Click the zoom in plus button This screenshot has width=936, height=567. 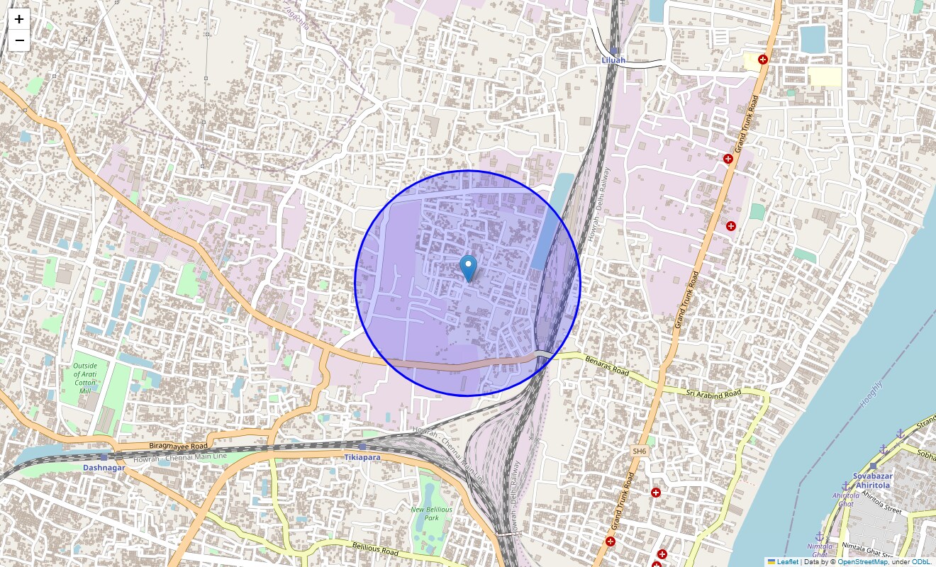coord(19,19)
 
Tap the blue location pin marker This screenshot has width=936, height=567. coord(468,269)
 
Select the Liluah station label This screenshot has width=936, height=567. coord(613,60)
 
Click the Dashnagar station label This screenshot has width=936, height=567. coord(104,468)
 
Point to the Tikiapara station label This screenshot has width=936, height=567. coord(362,457)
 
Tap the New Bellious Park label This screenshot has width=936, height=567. coord(431,513)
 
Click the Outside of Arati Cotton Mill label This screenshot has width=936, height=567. coord(86,378)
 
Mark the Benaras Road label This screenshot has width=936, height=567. coord(607,366)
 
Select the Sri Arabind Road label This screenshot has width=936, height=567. coord(713,393)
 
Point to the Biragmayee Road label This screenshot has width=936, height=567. coord(178,447)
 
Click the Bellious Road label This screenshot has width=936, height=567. coord(379,547)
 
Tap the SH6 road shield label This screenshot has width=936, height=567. coord(640,451)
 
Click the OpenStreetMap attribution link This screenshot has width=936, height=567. coord(862,562)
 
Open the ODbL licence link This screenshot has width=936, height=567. coord(920,562)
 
